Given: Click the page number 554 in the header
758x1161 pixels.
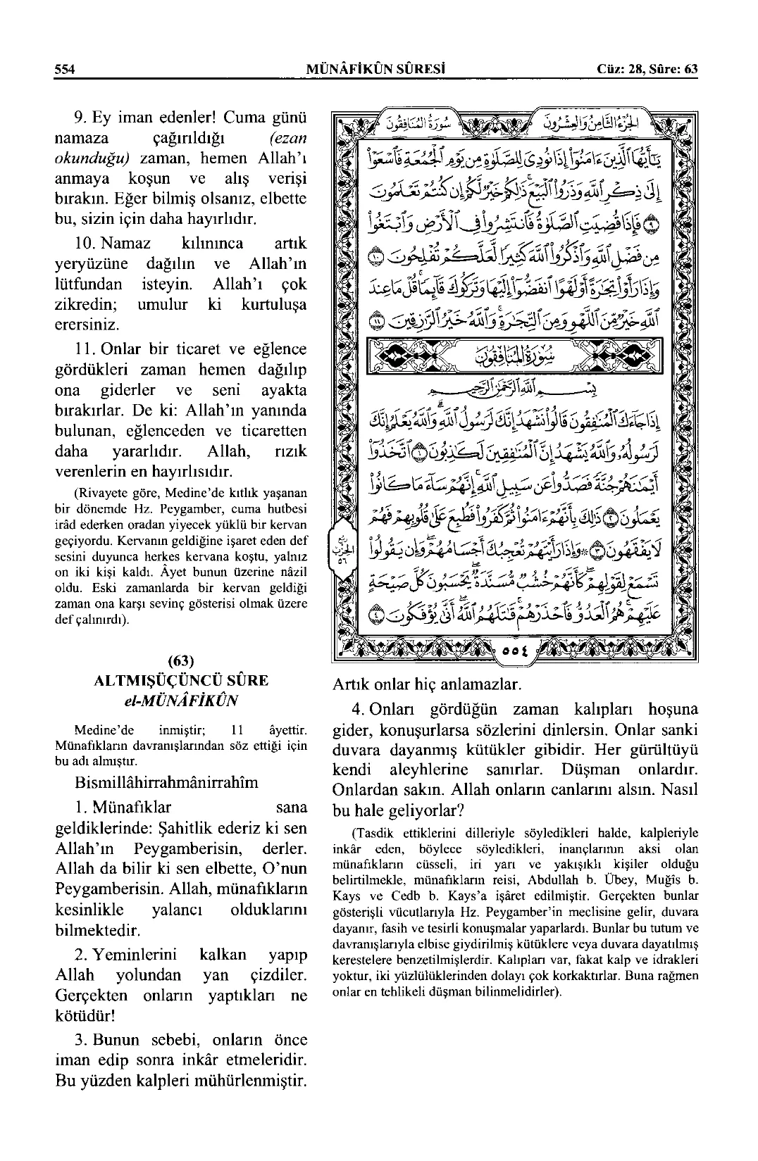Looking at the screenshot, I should coord(65,68).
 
